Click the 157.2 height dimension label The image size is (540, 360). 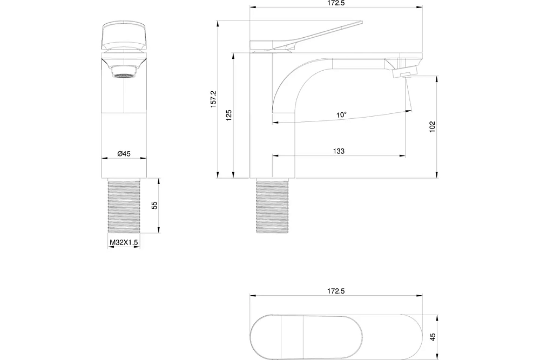tap(213, 99)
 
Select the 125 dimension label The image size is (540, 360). tap(228, 116)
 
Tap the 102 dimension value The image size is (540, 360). tap(433, 127)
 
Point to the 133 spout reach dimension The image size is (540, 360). tap(339, 151)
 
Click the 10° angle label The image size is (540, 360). tap(342, 114)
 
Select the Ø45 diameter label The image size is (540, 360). tap(124, 154)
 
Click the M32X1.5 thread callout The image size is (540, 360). tap(124, 243)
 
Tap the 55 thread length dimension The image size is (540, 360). tap(154, 205)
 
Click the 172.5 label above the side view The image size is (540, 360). tap(336, 3)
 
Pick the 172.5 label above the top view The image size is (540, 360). tap(336, 291)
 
